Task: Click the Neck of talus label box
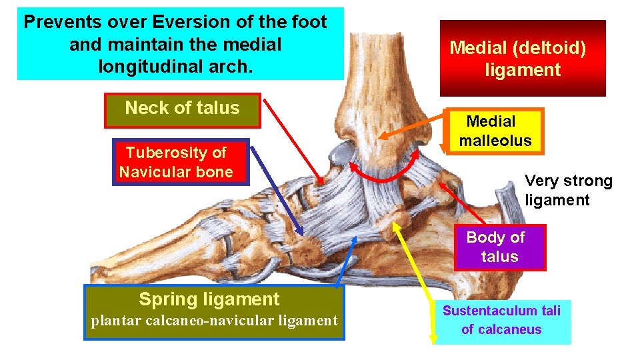[x=182, y=109]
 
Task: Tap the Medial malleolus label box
[x=495, y=131]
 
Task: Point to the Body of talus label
[x=499, y=247]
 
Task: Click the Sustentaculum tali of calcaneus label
[x=501, y=320]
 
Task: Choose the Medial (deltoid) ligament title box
[x=522, y=59]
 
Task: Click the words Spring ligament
[x=209, y=299]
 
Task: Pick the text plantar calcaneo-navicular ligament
[x=214, y=321]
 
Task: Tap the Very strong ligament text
[x=568, y=190]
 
